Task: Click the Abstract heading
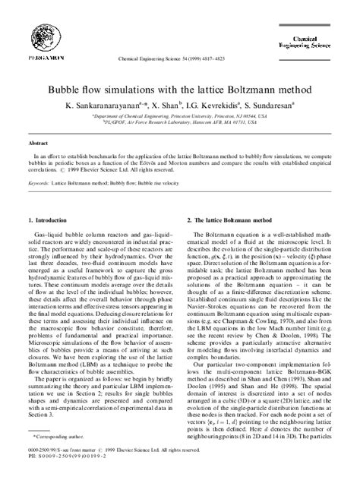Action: [x=40, y=143]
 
